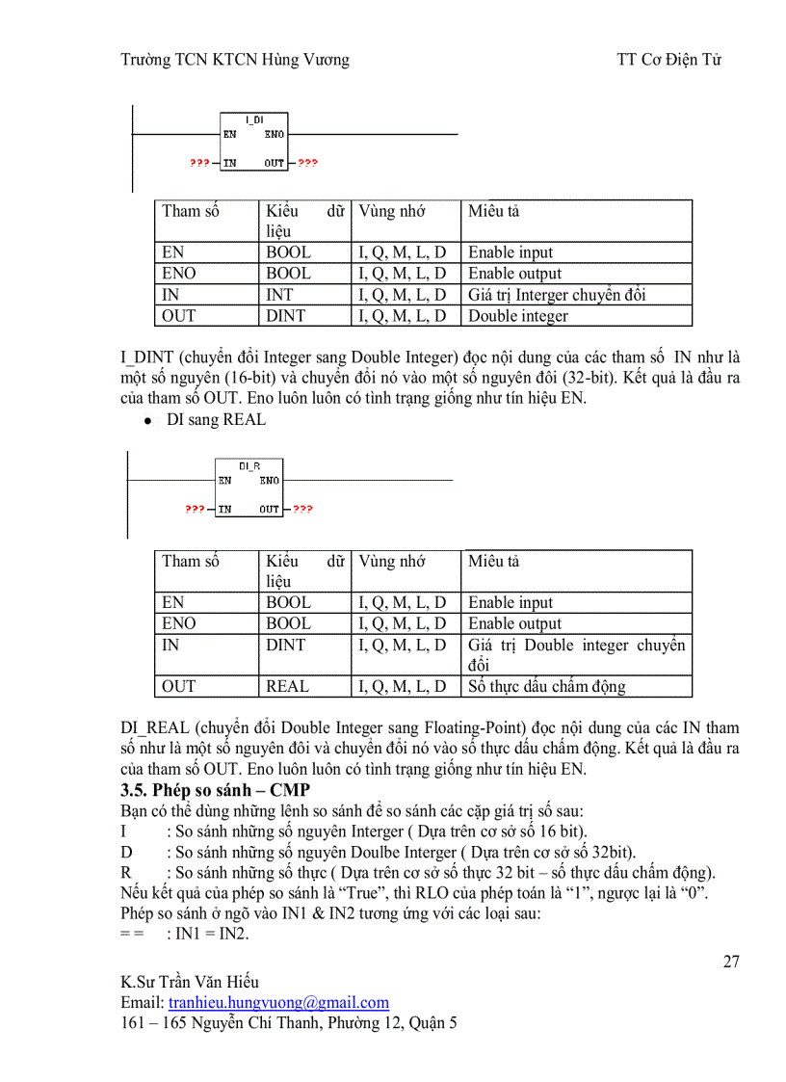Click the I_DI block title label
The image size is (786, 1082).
pos(254,119)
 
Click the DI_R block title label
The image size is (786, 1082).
pos(249,466)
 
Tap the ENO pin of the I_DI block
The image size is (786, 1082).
pos(275,135)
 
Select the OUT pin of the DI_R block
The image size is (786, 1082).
pos(269,510)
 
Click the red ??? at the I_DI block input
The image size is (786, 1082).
pos(199,164)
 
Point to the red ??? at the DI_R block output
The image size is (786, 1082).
pos(303,510)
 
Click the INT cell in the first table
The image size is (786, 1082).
pos(279,295)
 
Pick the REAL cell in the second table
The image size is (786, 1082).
pos(287,686)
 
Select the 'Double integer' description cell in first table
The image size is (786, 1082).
pos(518,316)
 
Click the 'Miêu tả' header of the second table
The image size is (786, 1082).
pos(493,561)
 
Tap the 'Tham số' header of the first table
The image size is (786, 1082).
pos(190,211)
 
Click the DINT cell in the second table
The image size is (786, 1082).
pos(285,646)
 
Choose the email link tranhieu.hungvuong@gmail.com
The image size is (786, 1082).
pos(278,1002)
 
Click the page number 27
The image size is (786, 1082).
pos(730,962)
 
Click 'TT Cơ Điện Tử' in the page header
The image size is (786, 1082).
pos(669,60)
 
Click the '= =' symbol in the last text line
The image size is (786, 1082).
pos(132,935)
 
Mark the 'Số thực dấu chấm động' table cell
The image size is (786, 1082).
pos(546,686)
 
